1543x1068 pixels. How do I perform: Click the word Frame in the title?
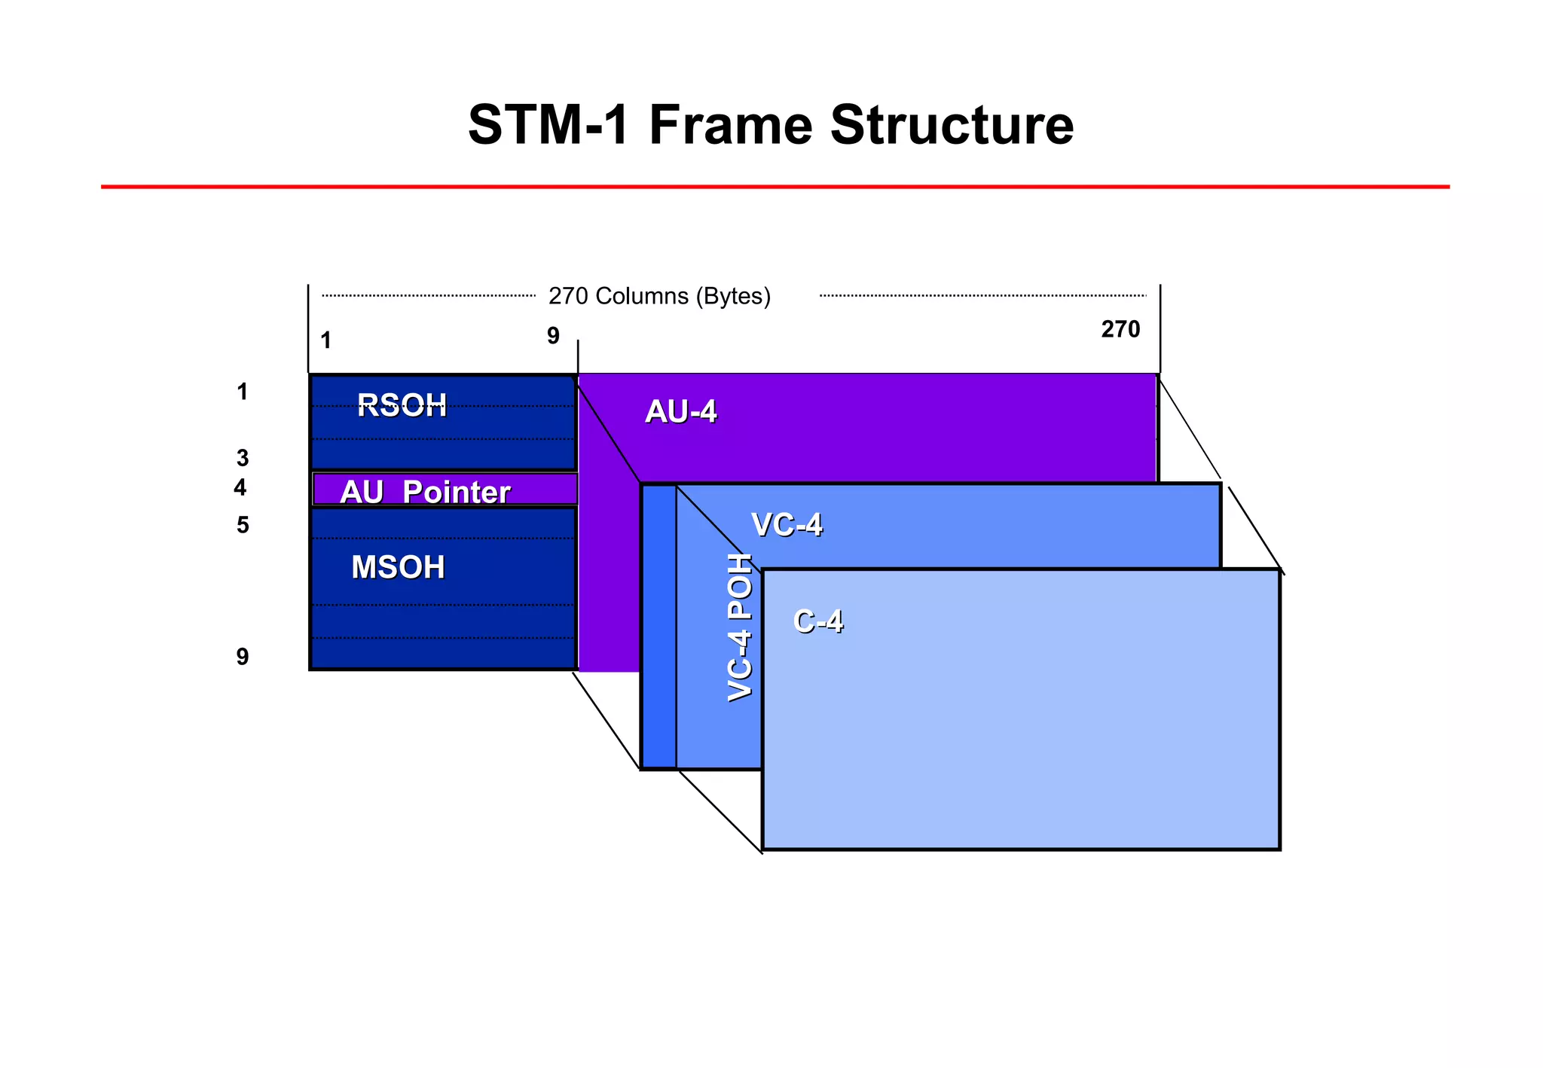(730, 124)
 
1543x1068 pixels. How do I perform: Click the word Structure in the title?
(952, 124)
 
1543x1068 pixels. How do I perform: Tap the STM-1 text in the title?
(548, 124)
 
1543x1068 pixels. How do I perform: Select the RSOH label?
(402, 406)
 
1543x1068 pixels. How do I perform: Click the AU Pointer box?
(445, 490)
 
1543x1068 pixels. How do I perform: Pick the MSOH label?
(398, 567)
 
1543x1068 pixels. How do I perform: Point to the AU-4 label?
(681, 412)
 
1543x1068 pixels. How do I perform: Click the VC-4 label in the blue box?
(787, 525)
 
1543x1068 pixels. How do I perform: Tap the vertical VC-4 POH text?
(741, 627)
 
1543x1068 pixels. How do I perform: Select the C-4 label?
(817, 622)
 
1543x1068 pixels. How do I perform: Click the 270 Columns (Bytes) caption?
(659, 296)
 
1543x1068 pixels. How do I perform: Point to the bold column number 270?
(1120, 329)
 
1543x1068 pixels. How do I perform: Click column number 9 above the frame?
(553, 336)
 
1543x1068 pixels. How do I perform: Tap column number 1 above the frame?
(325, 341)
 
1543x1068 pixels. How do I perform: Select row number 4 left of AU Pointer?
(240, 488)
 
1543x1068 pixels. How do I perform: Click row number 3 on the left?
(242, 458)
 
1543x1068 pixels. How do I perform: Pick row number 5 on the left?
(242, 525)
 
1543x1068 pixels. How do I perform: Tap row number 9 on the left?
(242, 657)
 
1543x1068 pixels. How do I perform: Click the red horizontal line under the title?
(775, 187)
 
